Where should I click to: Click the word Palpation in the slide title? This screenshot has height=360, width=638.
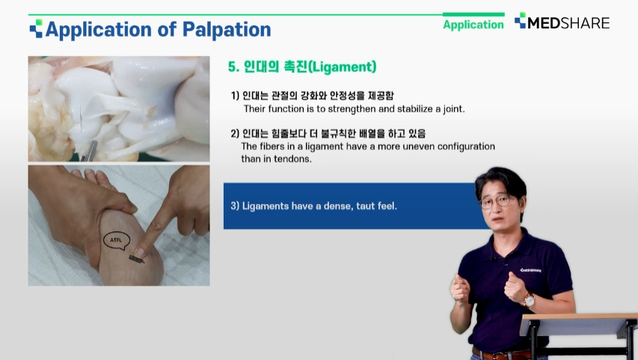(226, 29)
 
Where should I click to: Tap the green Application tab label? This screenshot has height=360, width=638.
(473, 25)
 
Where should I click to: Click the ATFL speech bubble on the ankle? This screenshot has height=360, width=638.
(117, 240)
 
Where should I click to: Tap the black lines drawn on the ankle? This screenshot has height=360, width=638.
(137, 259)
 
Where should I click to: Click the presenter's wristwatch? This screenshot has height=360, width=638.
(529, 301)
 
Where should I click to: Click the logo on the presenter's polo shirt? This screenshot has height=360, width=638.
(530, 270)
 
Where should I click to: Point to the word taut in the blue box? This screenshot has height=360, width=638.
(365, 206)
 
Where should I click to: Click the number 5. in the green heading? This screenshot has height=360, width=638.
(233, 67)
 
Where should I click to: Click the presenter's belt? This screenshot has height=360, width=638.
(500, 353)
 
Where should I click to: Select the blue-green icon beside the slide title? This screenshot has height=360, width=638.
(36, 28)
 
